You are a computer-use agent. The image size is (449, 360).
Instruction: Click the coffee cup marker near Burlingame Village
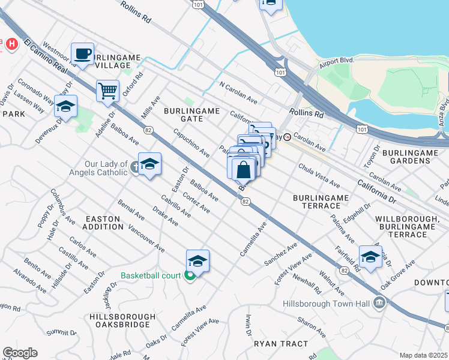click(x=83, y=54)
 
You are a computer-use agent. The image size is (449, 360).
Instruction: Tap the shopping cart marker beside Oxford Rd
click(x=107, y=91)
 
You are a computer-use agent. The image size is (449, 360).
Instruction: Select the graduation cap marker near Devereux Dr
click(x=66, y=107)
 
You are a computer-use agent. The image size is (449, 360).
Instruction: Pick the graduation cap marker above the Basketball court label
click(x=197, y=261)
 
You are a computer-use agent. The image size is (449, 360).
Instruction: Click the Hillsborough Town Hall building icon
click(x=379, y=304)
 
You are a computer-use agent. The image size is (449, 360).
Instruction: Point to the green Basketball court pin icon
click(x=190, y=276)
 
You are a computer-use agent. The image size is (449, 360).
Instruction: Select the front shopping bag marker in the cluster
click(x=244, y=170)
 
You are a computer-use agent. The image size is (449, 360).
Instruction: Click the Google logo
click(x=20, y=352)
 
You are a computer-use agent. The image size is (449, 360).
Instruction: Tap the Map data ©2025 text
click(x=423, y=355)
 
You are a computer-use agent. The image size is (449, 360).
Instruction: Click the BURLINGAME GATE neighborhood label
click(x=188, y=115)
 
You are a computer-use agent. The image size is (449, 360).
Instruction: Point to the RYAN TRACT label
click(x=280, y=344)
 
